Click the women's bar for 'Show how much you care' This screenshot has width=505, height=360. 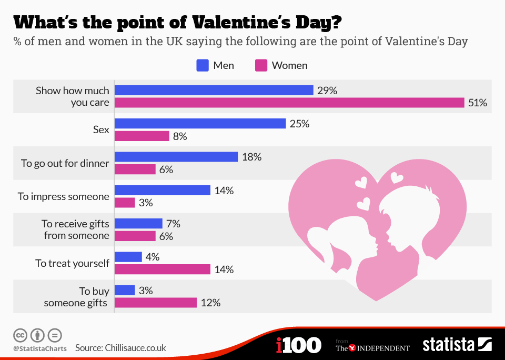[289, 103]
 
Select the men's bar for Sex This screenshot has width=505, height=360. [200, 124]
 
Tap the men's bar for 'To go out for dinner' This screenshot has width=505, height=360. [176, 157]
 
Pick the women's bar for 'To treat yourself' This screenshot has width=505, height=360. [163, 269]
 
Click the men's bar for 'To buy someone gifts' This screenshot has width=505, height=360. [125, 291]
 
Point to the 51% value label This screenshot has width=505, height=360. [478, 103]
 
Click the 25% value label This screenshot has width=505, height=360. [299, 124]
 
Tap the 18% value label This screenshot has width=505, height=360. [251, 157]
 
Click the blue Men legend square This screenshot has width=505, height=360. [203, 65]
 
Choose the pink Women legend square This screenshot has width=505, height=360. [261, 65]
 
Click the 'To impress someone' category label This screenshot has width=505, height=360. [64, 196]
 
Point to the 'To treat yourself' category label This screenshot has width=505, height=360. [73, 263]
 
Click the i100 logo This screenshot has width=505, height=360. [298, 346]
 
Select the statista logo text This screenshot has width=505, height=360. [448, 345]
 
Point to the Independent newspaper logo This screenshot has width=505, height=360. [372, 347]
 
